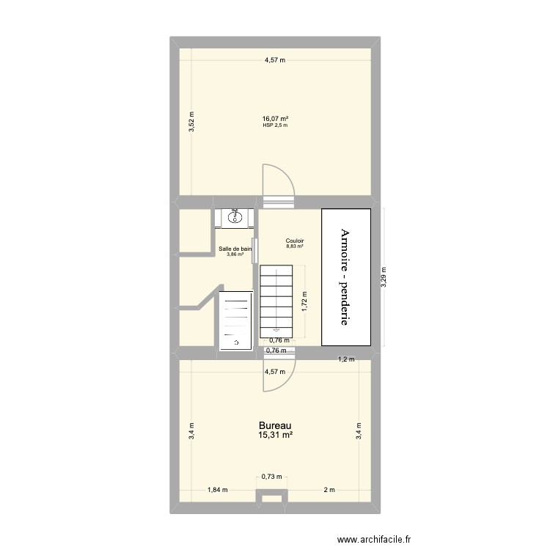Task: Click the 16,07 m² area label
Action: point(275,119)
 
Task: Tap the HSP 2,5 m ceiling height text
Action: point(275,125)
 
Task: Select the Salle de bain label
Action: point(235,249)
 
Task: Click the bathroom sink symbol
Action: point(235,216)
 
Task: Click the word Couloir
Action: point(295,241)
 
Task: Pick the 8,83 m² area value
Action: point(295,247)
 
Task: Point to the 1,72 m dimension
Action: point(305,302)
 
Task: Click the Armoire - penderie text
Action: point(345,277)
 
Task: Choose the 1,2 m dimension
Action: point(345,359)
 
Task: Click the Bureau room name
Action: point(275,425)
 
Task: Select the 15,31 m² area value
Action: point(275,436)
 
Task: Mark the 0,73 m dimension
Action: point(271,477)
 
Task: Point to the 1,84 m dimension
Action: point(218,490)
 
